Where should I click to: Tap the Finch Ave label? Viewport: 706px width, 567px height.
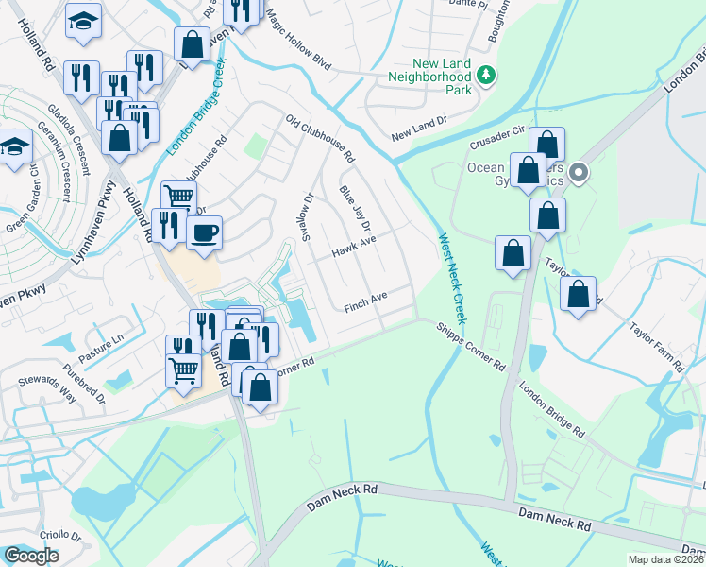[366, 302]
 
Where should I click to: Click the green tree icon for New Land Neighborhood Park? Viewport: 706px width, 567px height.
[486, 75]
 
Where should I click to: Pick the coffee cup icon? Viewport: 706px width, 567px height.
[204, 232]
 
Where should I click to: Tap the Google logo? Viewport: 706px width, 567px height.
[31, 556]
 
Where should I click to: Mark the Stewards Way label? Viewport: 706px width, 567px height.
[47, 386]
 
